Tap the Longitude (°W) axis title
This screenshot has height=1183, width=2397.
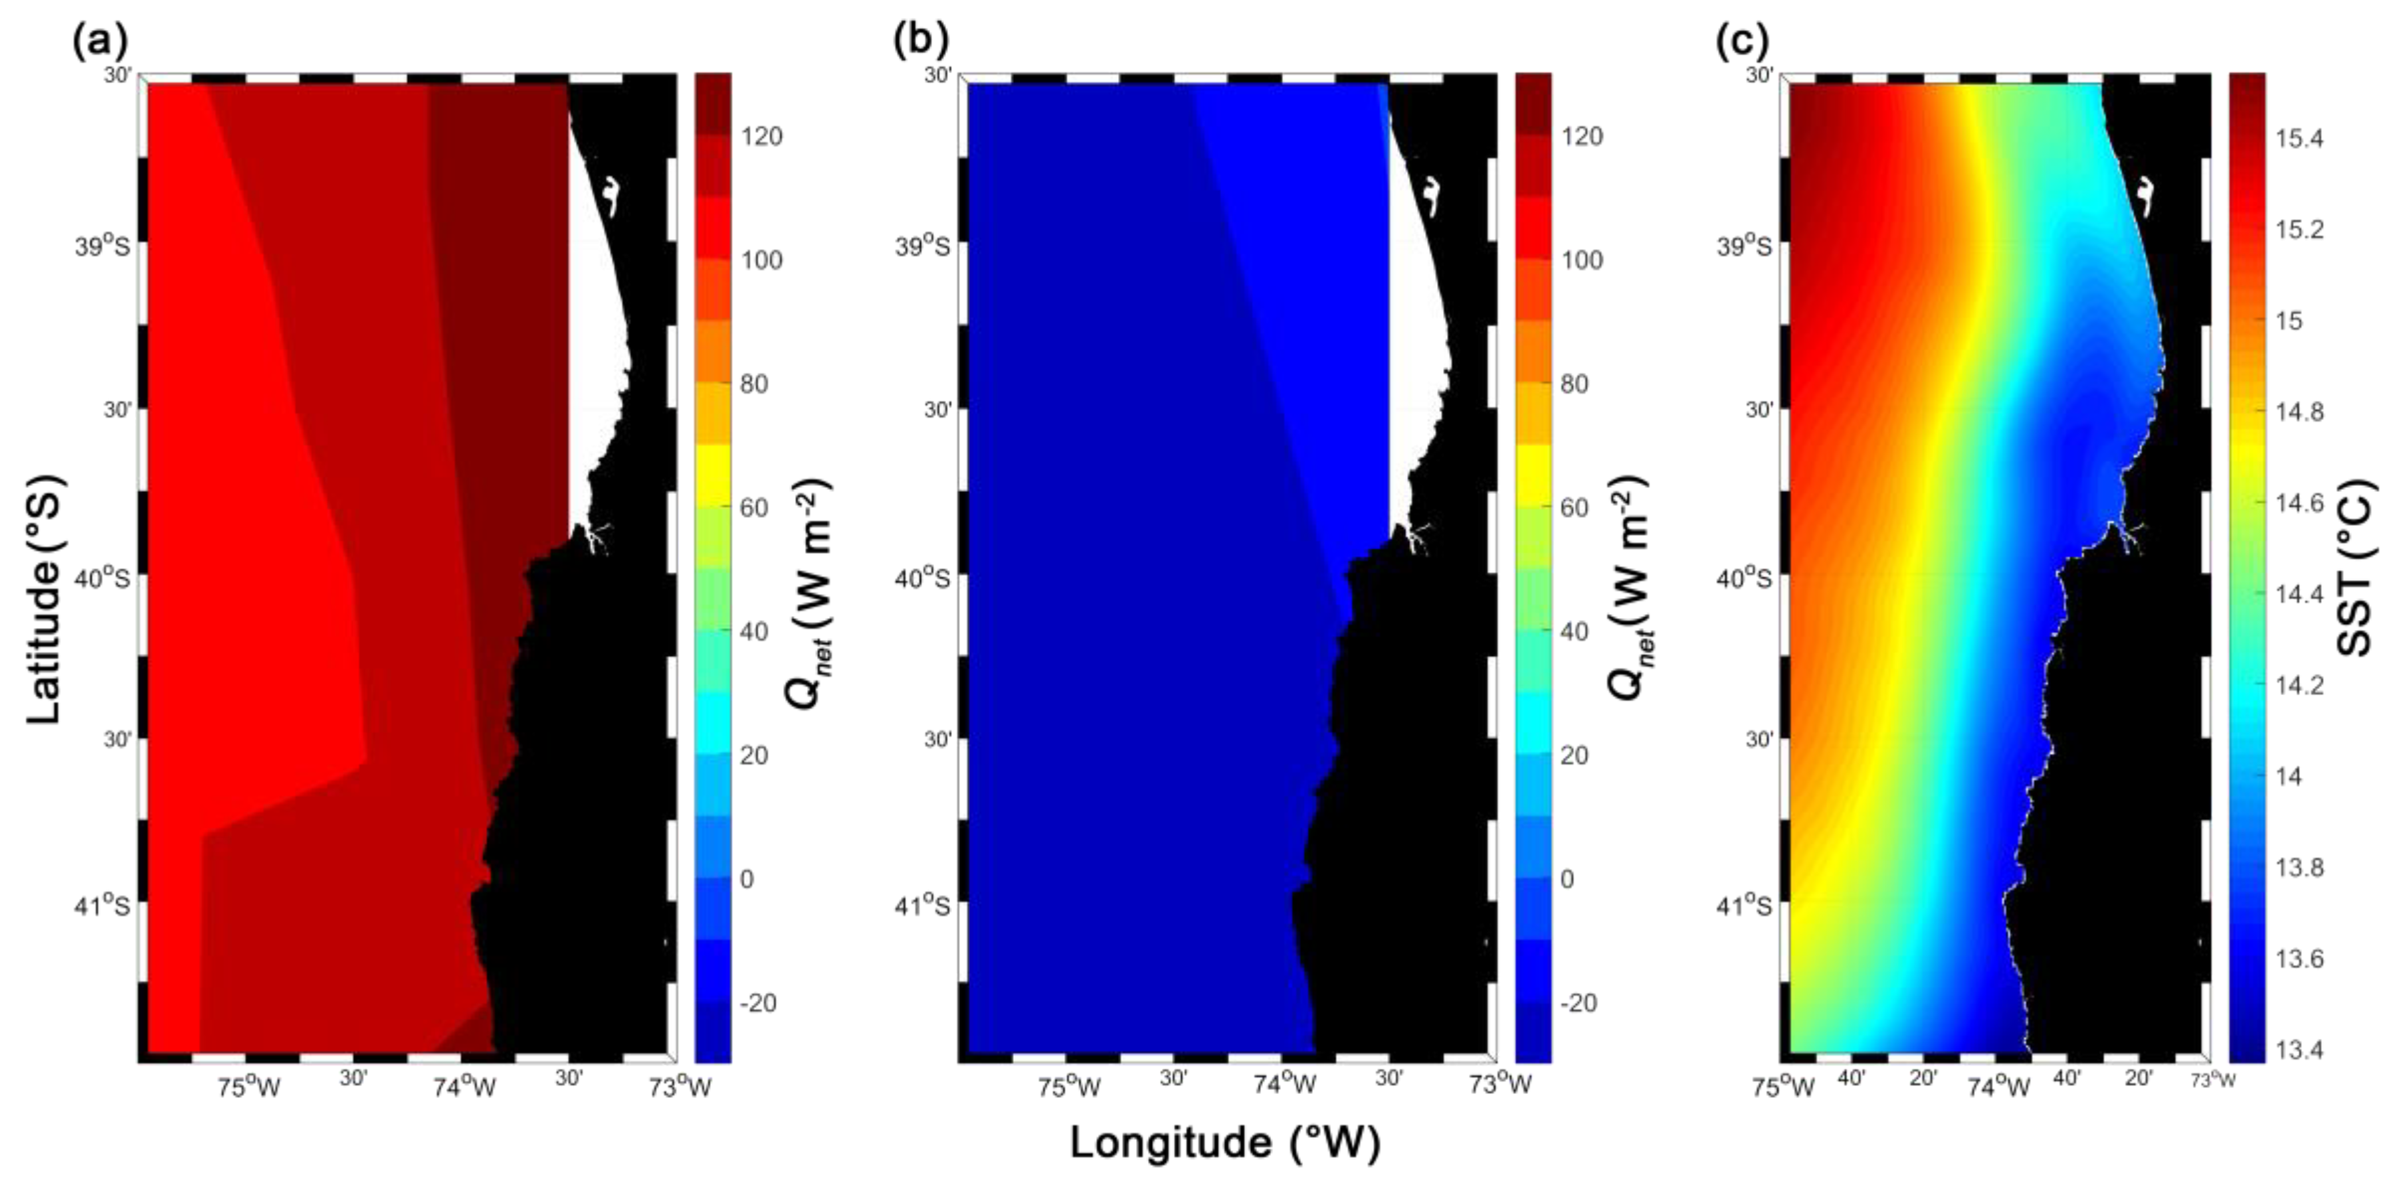pos(1224,1142)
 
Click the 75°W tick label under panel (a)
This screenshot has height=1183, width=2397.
pos(248,1087)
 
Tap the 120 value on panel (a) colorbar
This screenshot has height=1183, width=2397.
pos(761,137)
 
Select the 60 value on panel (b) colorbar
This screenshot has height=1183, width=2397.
pos(1575,508)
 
